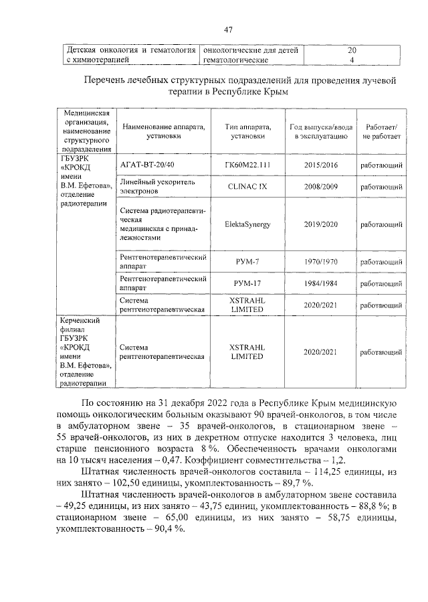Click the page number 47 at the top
pos(227,30)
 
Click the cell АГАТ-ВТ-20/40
pos(146,164)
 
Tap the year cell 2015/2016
pos(320,164)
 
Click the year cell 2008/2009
pos(320,186)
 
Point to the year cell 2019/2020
pos(320,224)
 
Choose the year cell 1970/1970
pos(320,261)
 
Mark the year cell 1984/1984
pos(320,283)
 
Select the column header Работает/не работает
pos(381,131)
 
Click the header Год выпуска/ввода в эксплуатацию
pos(320,131)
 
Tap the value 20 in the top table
pos(352,50)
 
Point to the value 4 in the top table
pos(352,60)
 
